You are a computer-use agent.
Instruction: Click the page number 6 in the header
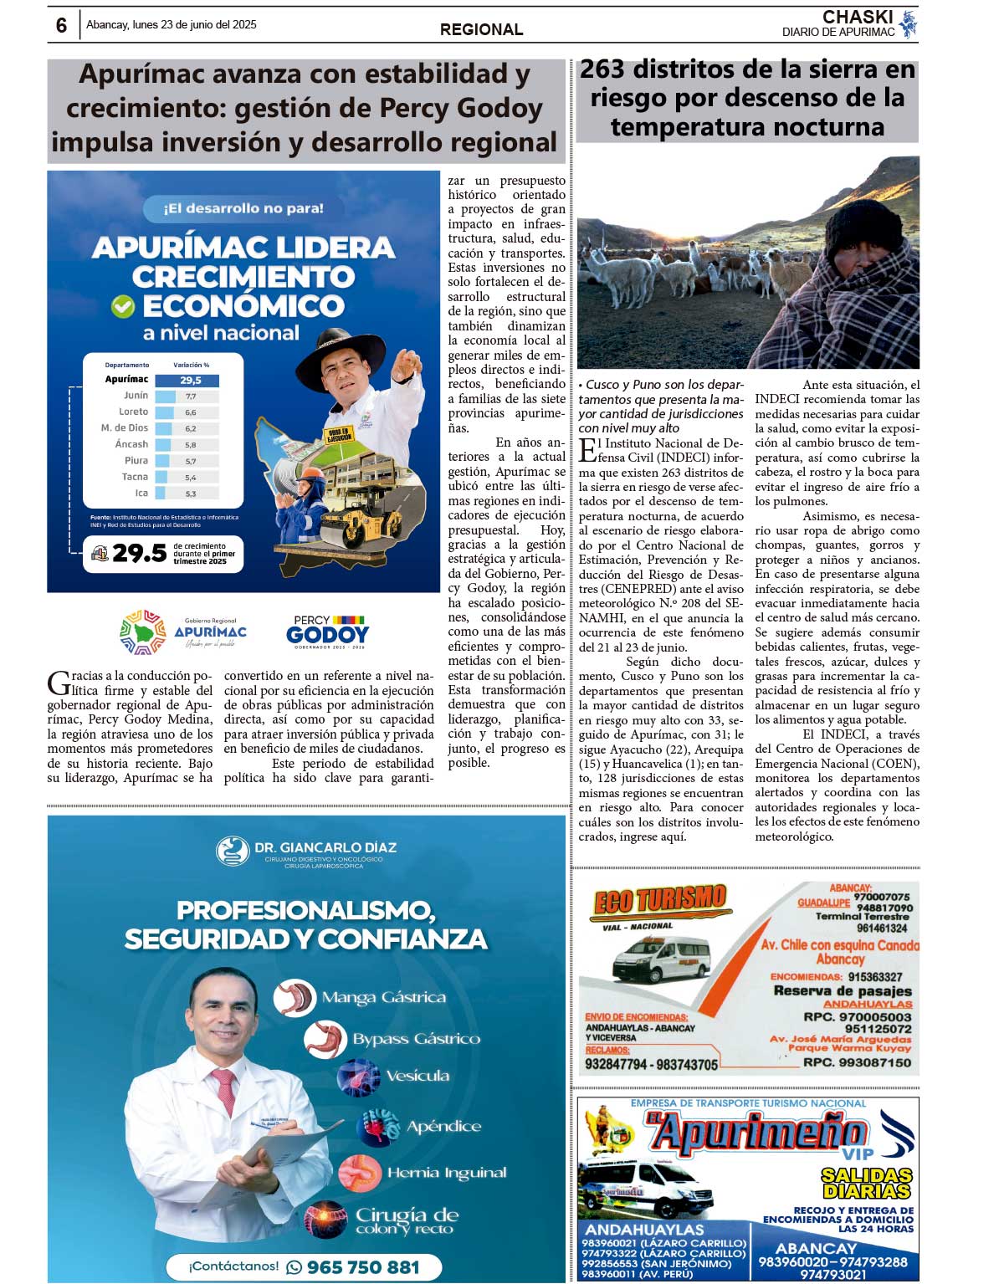point(61,26)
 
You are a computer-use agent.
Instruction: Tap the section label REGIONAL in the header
point(481,29)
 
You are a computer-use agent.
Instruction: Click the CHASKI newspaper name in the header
point(857,18)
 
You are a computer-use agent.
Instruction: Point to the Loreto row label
point(134,412)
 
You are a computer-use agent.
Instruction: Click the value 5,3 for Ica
point(191,494)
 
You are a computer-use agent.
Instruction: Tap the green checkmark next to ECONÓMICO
point(123,307)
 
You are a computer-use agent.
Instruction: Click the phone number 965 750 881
point(362,1267)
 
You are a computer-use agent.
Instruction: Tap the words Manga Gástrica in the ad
point(383,997)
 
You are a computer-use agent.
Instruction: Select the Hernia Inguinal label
point(446,1173)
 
